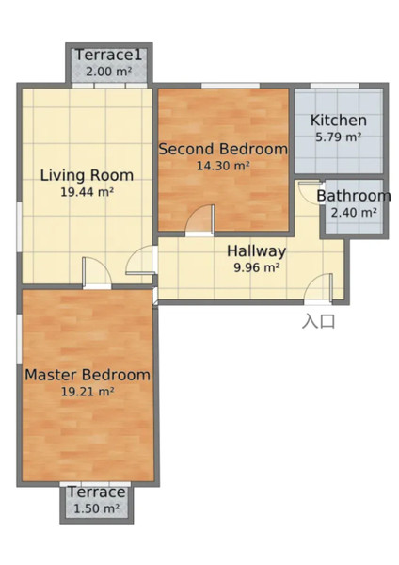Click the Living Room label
coord(87,175)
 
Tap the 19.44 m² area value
coord(88,192)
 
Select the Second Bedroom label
coord(223,149)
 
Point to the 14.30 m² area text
coord(223,166)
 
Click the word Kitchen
coord(339,121)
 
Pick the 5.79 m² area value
coord(339,137)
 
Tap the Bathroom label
coord(354,196)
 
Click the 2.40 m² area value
coord(354,213)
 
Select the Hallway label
coord(256,251)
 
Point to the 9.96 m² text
coord(257,267)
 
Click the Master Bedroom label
coord(88,375)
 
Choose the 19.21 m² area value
coord(88,392)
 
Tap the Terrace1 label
coord(109,56)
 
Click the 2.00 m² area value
coord(109,72)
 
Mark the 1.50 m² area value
coord(97,508)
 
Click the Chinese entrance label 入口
coord(318,321)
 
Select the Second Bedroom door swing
coord(200,219)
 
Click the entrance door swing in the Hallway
coord(318,287)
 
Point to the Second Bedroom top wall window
coord(231,86)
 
